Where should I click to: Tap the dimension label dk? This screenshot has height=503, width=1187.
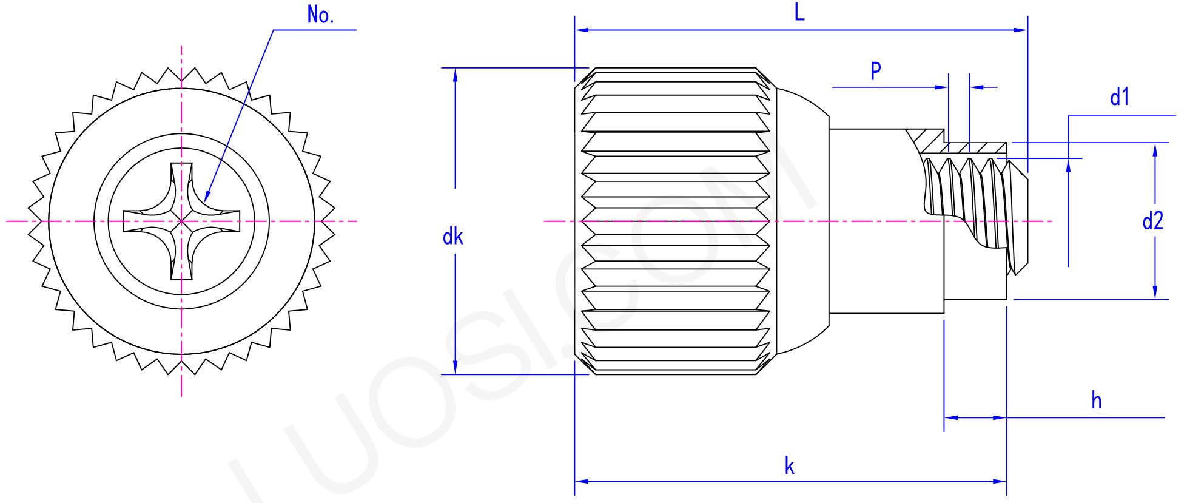452,237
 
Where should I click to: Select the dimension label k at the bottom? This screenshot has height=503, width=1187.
789,467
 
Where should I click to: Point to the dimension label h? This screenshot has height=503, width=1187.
1096,401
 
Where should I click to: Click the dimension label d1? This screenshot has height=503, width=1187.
1119,97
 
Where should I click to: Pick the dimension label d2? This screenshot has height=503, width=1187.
1152,221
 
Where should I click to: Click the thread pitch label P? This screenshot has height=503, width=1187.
876,71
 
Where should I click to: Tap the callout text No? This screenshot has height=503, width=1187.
320,15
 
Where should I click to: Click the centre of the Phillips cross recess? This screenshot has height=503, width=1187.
181,221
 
